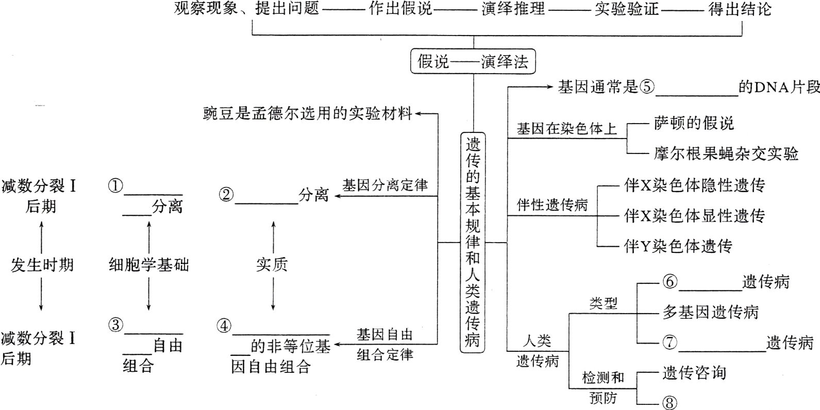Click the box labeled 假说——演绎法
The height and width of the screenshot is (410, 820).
point(473,62)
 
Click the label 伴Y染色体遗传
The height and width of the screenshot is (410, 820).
point(678,246)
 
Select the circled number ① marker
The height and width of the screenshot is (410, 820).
point(115,185)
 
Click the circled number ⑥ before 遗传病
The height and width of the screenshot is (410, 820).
point(670,282)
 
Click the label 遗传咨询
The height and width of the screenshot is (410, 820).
point(694,373)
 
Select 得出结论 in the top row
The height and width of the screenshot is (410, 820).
point(740,9)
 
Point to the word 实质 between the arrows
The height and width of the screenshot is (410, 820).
point(272,265)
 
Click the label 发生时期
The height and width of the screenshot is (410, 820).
point(42,265)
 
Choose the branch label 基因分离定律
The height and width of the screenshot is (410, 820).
point(385,185)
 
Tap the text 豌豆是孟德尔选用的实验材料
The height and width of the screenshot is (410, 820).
point(308,113)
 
